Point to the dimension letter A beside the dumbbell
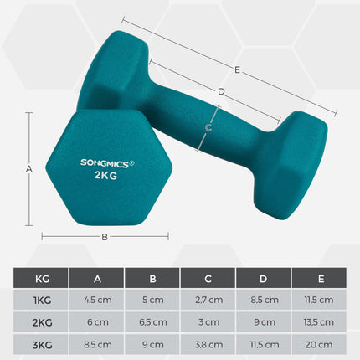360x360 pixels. (29, 168)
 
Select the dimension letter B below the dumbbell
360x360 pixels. (105, 237)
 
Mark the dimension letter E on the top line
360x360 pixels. (238, 71)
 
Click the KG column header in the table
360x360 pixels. (41, 279)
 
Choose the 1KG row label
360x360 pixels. (41, 300)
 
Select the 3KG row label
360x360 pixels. (41, 343)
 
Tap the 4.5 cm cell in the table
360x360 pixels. (97, 300)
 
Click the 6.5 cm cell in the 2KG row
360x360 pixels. (153, 321)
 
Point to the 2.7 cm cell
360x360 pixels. (209, 300)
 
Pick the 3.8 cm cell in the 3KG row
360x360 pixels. (209, 343)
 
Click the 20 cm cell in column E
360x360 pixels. (320, 343)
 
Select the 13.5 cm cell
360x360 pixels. (320, 321)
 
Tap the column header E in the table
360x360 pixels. (320, 279)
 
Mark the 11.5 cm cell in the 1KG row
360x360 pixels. (320, 300)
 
